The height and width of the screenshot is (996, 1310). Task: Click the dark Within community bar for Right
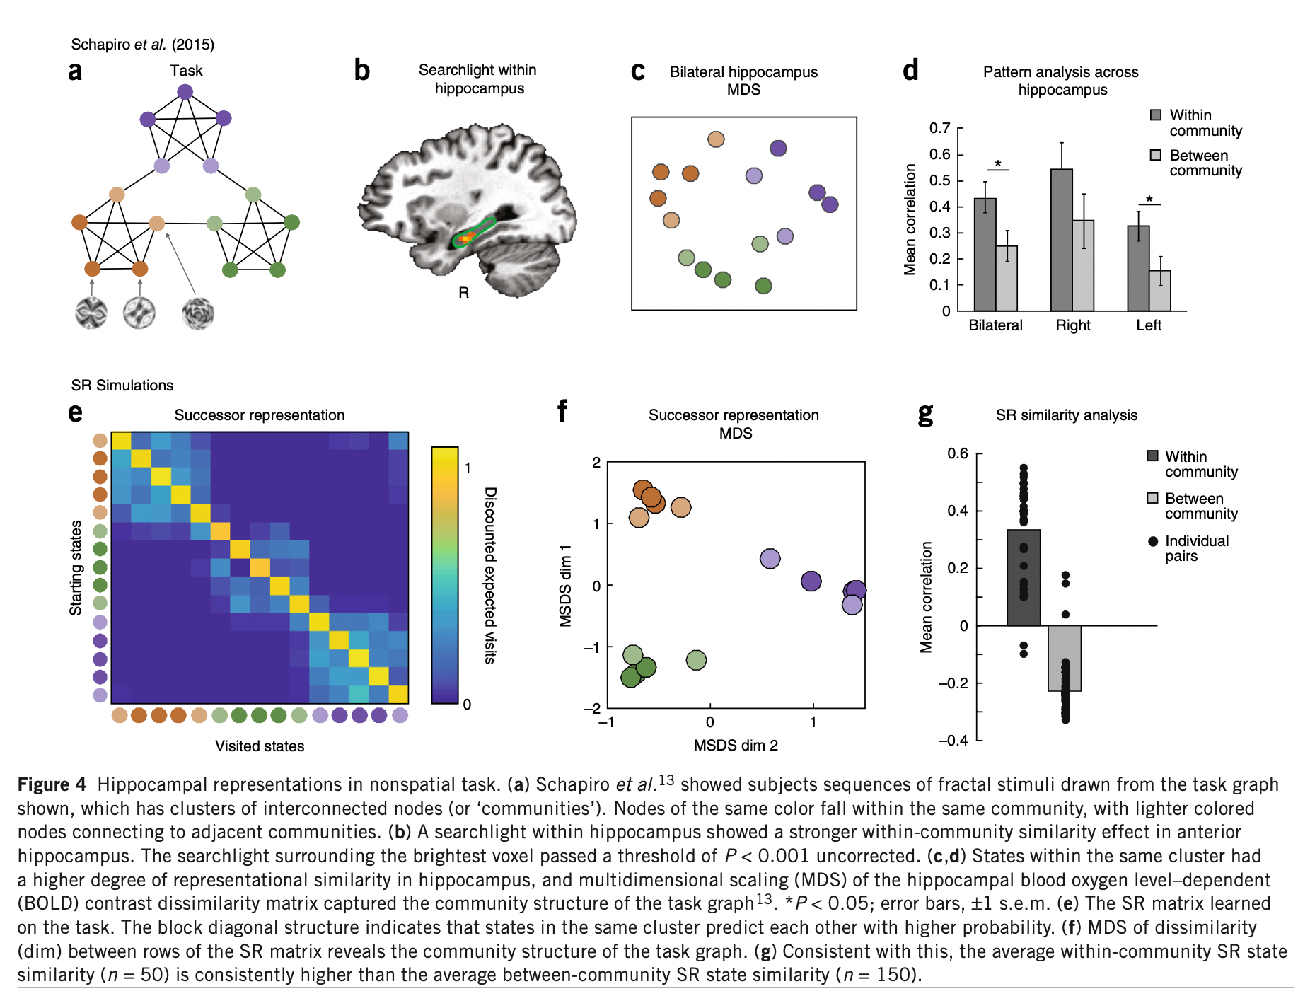[x=1061, y=241]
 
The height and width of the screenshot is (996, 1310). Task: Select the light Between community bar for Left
[x=1159, y=291]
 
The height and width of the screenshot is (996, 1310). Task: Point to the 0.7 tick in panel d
[x=939, y=128]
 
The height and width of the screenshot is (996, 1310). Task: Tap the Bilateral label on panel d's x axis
[x=995, y=325]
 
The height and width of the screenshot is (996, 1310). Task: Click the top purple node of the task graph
[x=185, y=92]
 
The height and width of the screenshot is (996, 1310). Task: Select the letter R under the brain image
[x=463, y=293]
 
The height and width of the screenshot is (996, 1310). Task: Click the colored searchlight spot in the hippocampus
[x=465, y=239]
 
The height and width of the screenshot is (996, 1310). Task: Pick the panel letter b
[x=361, y=71]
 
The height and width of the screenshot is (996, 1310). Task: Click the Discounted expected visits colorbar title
[x=490, y=574]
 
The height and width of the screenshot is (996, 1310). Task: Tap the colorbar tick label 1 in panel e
[x=468, y=468]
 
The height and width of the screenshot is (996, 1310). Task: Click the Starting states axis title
[x=76, y=567]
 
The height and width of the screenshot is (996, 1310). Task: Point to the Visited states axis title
[x=260, y=746]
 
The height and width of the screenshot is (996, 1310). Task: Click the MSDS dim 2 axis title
[x=736, y=745]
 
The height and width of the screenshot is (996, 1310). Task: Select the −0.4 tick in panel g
[x=953, y=740]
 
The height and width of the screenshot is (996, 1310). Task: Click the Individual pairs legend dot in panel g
[x=1152, y=541]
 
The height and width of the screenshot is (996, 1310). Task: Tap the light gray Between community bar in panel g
[x=1064, y=658]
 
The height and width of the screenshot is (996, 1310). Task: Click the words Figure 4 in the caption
[x=52, y=784]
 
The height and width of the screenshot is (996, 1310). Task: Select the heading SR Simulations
[x=122, y=385]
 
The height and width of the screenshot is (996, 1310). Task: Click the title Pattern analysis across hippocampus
[x=1060, y=81]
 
